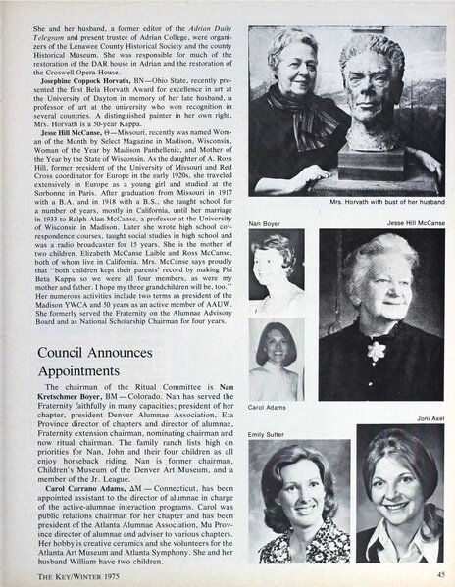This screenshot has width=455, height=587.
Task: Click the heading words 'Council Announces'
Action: tap(91, 351)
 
